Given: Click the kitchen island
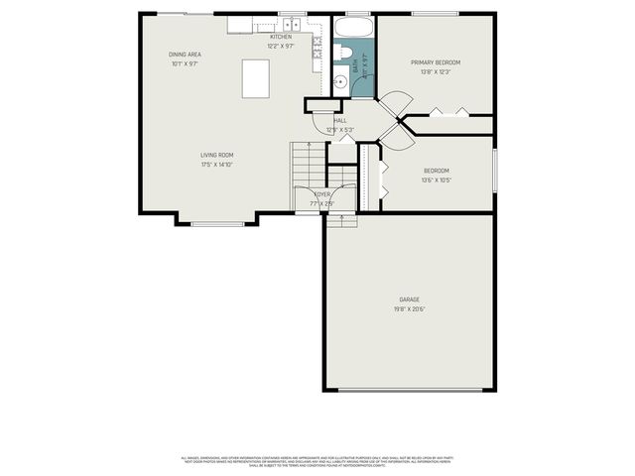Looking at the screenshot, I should pos(256,77).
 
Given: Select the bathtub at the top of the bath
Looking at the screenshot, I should pos(353,27).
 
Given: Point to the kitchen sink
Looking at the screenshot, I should pos(265,25).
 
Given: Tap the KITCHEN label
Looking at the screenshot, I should pos(281,37).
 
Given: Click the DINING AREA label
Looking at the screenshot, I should pos(185,54).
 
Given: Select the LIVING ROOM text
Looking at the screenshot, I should pos(217,155).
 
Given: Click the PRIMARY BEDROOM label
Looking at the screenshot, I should pos(436,62).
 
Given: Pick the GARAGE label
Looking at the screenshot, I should pos(410,298).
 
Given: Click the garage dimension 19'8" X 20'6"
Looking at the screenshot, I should pos(410,308).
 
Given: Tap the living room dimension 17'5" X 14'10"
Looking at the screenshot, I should pos(217,165).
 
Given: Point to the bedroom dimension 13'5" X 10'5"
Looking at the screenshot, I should pos(437,180).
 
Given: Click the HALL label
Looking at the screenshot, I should pos(340,120).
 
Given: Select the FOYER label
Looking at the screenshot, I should pos(323,194).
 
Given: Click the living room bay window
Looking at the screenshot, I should pos(217,223).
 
